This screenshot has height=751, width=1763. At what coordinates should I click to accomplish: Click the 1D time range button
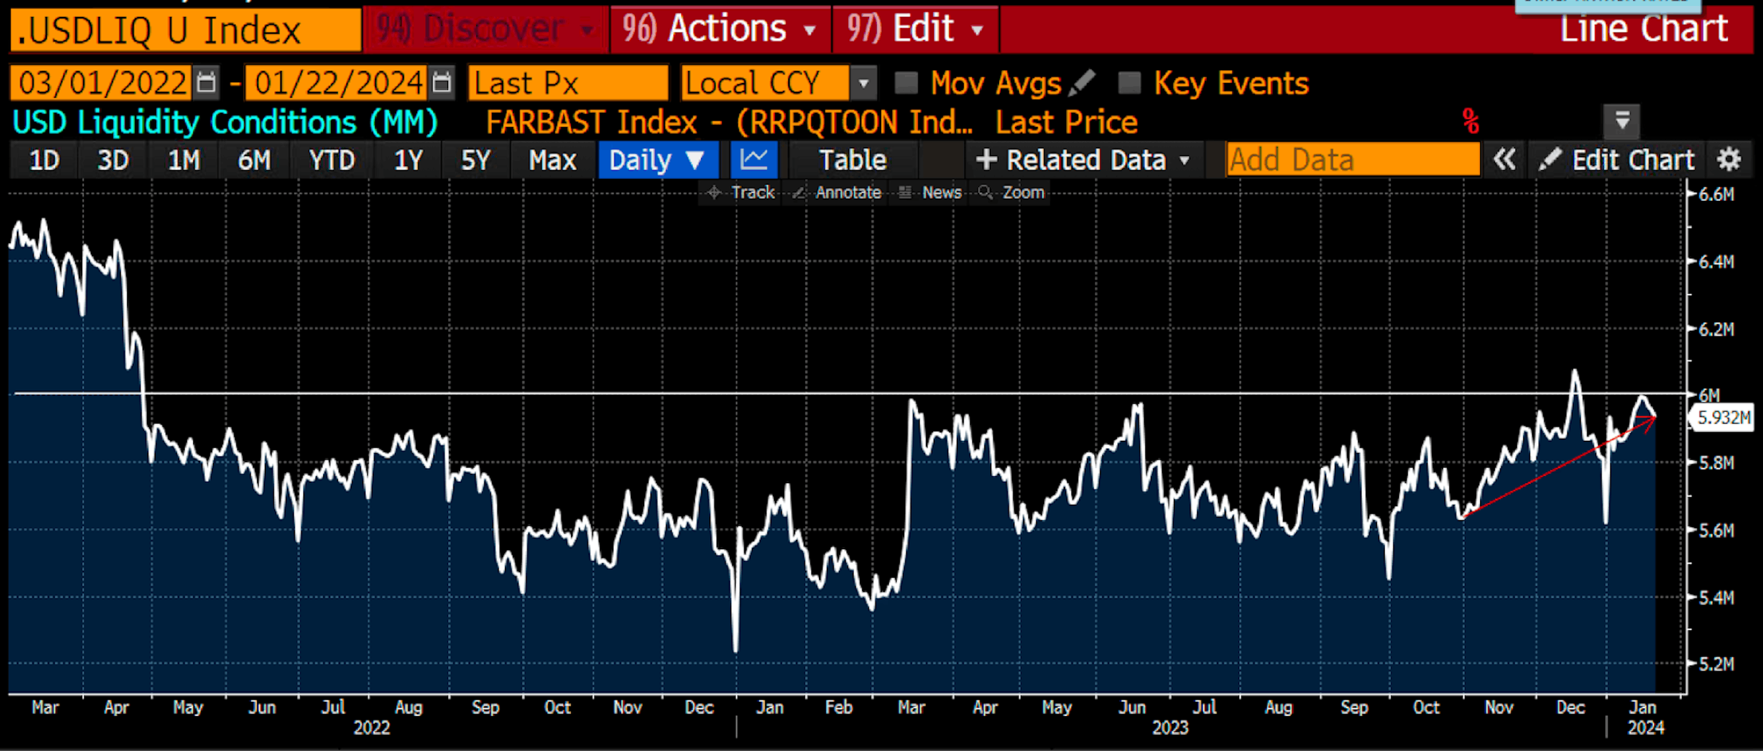click(44, 161)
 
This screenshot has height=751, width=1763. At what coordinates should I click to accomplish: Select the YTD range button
click(332, 161)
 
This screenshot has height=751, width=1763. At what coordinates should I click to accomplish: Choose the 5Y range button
click(475, 161)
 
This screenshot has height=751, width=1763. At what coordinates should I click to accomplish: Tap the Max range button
click(552, 161)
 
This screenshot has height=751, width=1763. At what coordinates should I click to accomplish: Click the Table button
click(853, 161)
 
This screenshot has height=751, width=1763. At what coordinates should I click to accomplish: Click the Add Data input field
click(1352, 161)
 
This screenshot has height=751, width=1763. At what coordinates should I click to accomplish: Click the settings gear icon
click(1729, 161)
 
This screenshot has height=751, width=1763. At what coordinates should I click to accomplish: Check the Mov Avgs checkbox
click(906, 83)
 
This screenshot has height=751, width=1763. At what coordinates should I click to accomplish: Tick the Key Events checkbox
click(1129, 83)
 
